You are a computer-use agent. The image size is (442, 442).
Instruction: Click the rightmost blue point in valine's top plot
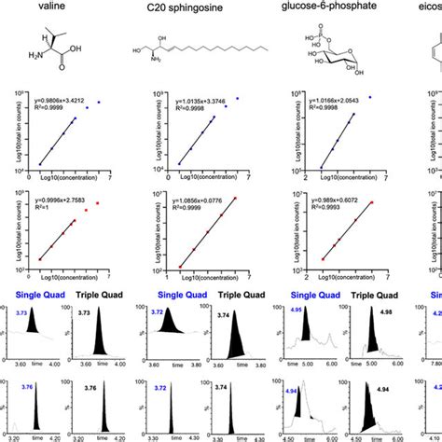(99, 102)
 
